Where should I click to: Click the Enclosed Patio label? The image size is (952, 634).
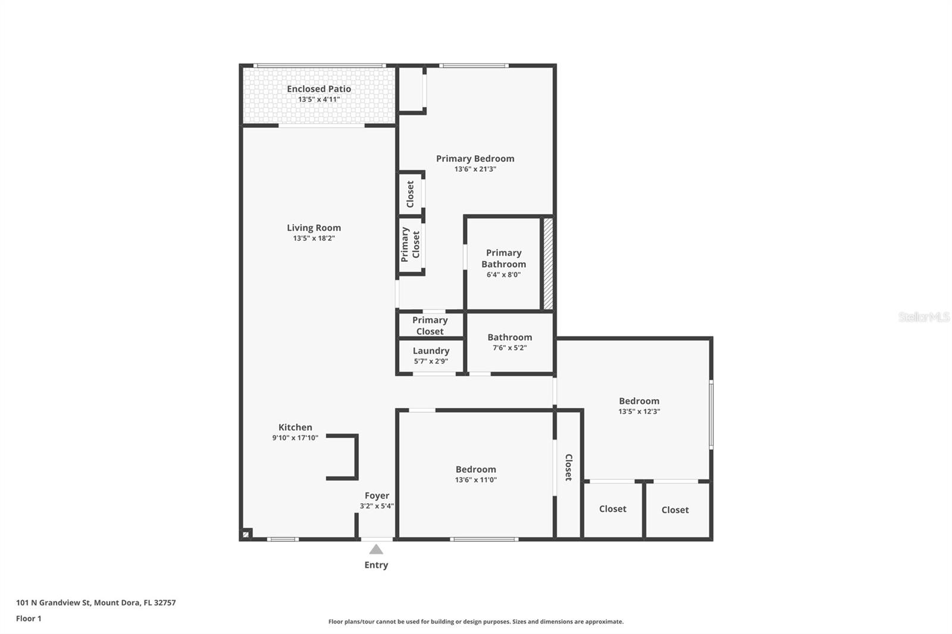pyautogui.click(x=319, y=89)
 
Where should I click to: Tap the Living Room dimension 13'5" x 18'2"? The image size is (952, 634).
pyautogui.click(x=314, y=238)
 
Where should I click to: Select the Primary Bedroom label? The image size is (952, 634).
pyautogui.click(x=475, y=159)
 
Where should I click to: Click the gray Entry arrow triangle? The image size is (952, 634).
pyautogui.click(x=376, y=550)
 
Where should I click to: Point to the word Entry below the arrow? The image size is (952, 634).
pyautogui.click(x=376, y=565)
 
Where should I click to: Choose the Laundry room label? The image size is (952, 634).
pyautogui.click(x=431, y=351)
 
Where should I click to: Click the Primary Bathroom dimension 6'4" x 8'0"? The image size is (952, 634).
pyautogui.click(x=503, y=275)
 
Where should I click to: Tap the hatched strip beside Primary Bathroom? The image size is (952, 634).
pyautogui.click(x=548, y=263)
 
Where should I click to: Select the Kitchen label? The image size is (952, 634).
pyautogui.click(x=295, y=427)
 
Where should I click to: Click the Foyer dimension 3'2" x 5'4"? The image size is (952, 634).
pyautogui.click(x=377, y=506)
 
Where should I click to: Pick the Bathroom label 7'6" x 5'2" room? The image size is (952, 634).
pyautogui.click(x=509, y=337)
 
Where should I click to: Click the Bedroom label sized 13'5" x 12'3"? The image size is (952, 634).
pyautogui.click(x=639, y=401)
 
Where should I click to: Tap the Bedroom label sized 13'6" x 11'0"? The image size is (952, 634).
pyautogui.click(x=475, y=469)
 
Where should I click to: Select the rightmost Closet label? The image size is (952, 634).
pyautogui.click(x=675, y=510)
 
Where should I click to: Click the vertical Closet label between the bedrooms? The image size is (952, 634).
pyautogui.click(x=568, y=467)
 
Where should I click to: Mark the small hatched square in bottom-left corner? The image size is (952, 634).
pyautogui.click(x=246, y=534)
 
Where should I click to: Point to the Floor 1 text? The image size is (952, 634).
pyautogui.click(x=29, y=619)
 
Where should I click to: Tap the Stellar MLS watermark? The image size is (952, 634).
pyautogui.click(x=923, y=317)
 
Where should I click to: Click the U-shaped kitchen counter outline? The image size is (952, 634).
pyautogui.click(x=355, y=457)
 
